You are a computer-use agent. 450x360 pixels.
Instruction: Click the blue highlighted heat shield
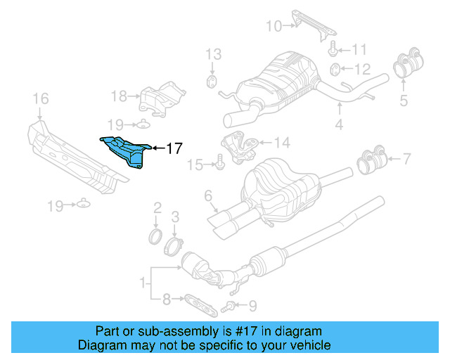[127, 150]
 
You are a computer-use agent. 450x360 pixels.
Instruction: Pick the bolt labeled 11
[333, 50]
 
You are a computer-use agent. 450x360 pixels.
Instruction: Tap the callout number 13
[212, 54]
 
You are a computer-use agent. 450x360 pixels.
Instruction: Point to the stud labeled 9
[229, 306]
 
